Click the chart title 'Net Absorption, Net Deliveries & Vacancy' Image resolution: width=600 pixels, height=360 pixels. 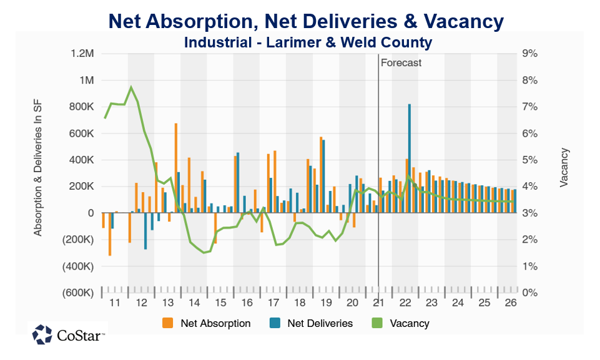[x=306, y=22]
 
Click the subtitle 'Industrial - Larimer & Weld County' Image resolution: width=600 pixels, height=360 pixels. [x=308, y=42]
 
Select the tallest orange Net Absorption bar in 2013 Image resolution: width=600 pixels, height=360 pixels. [x=176, y=168]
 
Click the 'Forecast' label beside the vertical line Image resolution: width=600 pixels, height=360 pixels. [x=401, y=62]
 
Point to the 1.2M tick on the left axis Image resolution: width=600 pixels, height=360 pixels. [x=82, y=54]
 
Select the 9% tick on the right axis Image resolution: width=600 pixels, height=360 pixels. [x=529, y=54]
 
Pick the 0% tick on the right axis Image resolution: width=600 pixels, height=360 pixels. [x=529, y=293]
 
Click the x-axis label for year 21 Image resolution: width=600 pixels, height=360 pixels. [x=378, y=303]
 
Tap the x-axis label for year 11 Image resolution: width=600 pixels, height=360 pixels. [x=114, y=303]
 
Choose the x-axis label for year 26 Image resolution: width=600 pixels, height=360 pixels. [x=510, y=303]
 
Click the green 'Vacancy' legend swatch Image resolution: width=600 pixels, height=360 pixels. [x=377, y=323]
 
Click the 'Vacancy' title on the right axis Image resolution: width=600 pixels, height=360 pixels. [x=564, y=167]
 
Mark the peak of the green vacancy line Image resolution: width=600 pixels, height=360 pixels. [x=131, y=87]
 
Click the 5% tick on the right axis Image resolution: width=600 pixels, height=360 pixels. [x=529, y=160]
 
